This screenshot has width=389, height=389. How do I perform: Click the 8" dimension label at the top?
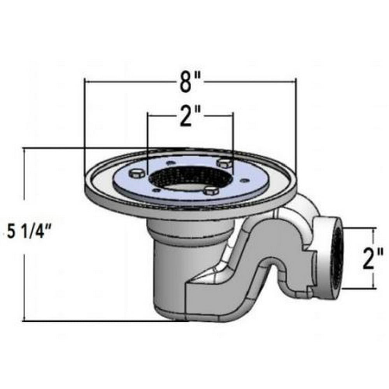point(190,82)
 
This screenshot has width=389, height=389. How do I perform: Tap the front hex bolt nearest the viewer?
point(210,191)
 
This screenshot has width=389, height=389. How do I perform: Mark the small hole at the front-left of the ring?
point(156,190)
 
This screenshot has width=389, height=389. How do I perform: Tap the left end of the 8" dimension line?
point(85,81)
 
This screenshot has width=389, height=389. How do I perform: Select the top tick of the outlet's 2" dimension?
point(374,228)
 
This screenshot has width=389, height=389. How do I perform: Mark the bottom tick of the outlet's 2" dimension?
point(374,289)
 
